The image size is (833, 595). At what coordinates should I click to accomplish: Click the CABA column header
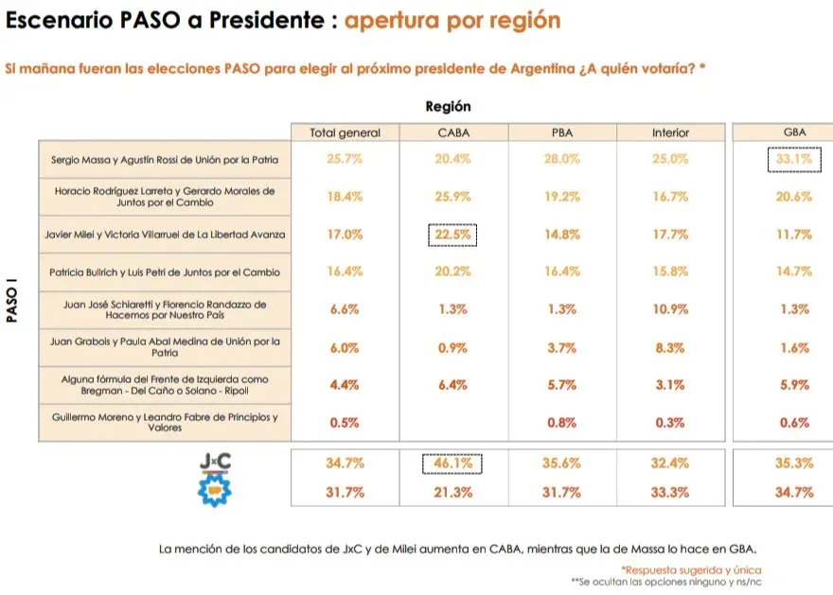(454, 132)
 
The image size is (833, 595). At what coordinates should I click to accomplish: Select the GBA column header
(794, 132)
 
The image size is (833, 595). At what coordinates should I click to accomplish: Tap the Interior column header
(670, 132)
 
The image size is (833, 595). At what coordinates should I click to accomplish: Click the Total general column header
(345, 132)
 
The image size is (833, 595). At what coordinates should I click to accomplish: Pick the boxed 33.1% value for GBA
(794, 160)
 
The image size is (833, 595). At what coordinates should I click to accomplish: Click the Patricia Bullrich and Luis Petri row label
(165, 272)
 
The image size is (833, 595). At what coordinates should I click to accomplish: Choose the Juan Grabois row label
(165, 347)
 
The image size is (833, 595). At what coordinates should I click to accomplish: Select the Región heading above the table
(448, 107)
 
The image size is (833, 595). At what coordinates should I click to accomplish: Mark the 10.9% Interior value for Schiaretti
(670, 309)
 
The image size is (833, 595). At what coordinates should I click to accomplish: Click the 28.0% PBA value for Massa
(562, 160)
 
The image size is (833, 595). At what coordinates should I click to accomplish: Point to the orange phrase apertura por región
(452, 20)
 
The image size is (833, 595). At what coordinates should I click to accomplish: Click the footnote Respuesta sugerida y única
(690, 569)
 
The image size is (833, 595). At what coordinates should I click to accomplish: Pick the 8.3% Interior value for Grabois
(670, 347)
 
